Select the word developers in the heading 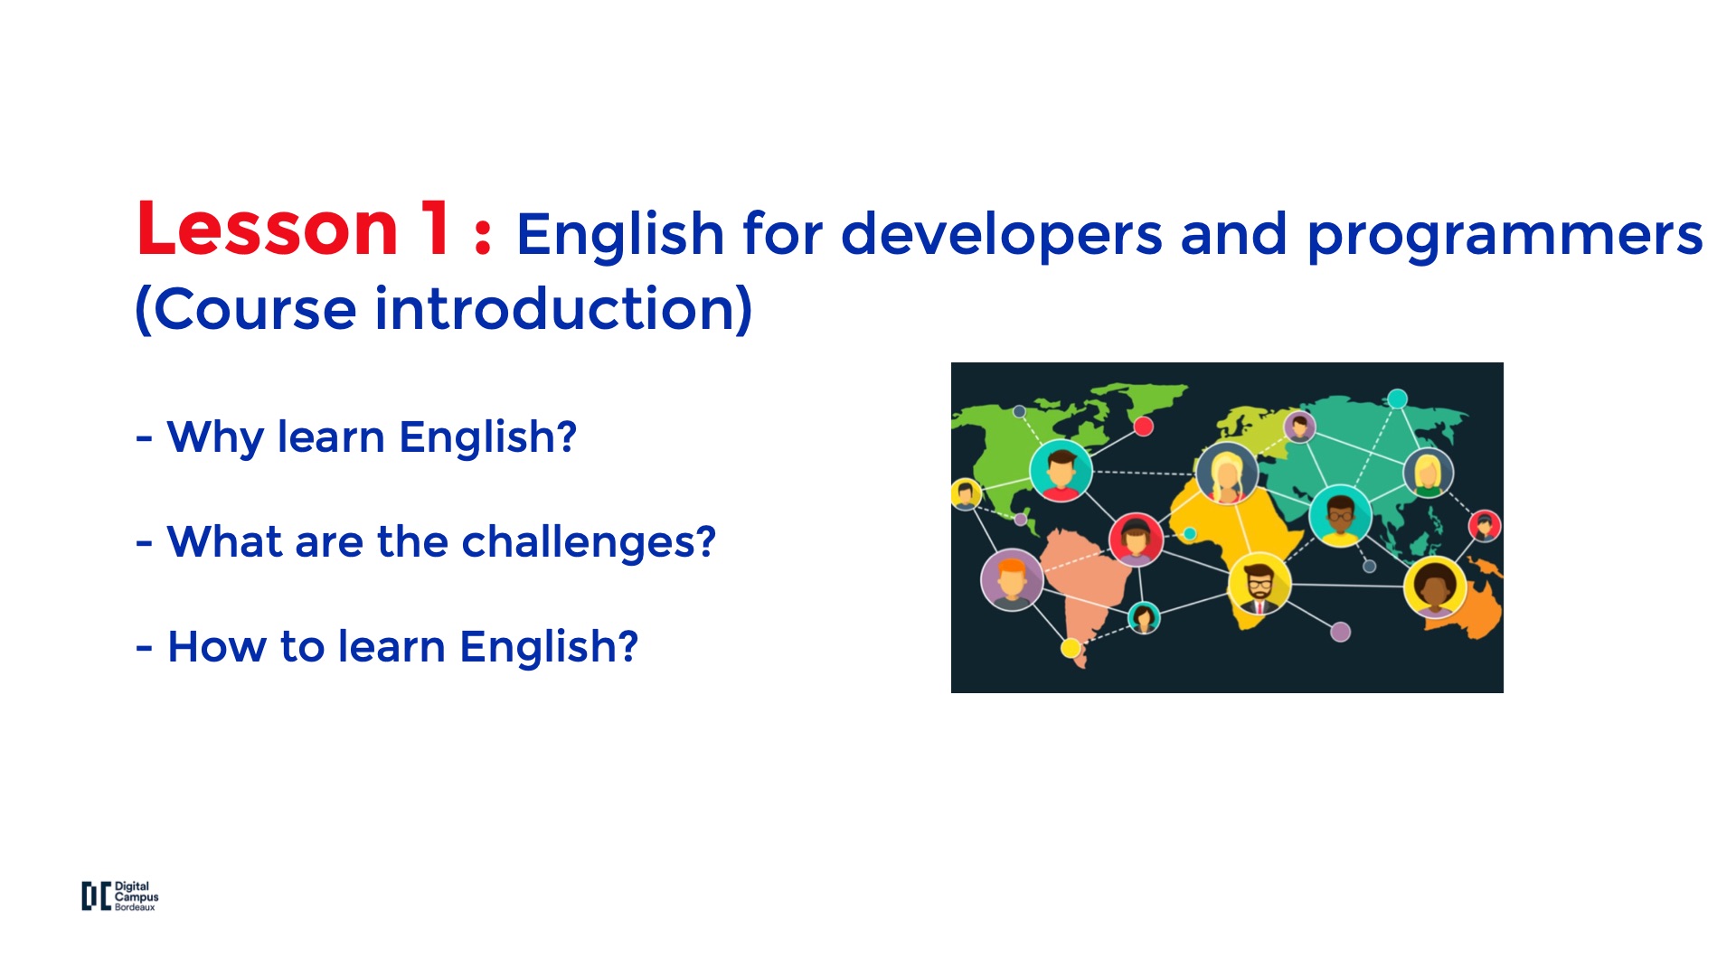1001,236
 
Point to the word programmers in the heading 1505,237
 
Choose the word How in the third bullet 217,646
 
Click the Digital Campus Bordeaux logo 120,896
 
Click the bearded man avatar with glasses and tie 1260,584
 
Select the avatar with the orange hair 1012,579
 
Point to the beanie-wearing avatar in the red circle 1136,540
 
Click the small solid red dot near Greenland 1144,427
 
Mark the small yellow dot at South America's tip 1071,647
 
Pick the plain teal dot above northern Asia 1398,399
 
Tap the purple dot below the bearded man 1341,632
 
